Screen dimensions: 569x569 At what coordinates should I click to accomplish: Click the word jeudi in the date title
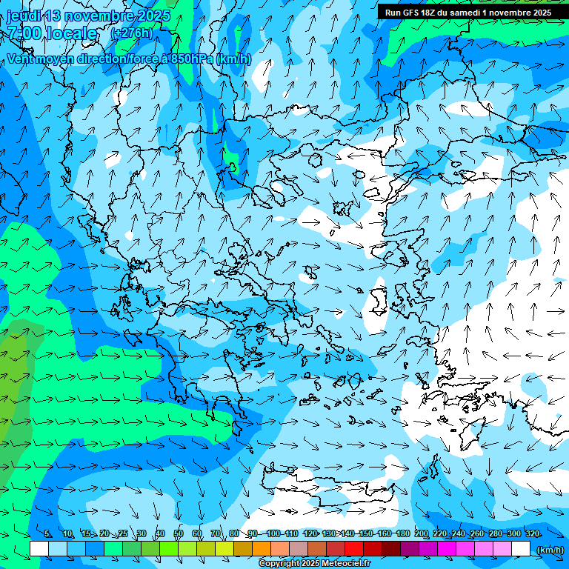coord(24,16)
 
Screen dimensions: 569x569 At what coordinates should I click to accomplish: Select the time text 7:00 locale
coord(52,33)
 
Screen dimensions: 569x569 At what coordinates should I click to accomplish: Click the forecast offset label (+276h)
coord(131,33)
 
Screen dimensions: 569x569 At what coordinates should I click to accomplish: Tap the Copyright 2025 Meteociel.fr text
coord(314,564)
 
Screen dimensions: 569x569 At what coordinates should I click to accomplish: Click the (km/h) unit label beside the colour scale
coord(549,549)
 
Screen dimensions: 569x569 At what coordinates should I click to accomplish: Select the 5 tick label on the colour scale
coord(47,534)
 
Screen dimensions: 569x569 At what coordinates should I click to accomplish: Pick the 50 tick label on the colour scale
coord(179,534)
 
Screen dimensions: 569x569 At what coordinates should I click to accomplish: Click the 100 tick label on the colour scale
coord(273,534)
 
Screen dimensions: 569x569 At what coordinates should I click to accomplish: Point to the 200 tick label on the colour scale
coord(422,534)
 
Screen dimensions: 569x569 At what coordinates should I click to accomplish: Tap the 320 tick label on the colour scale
coord(533,534)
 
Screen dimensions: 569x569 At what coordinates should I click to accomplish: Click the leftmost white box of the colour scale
coord(39,548)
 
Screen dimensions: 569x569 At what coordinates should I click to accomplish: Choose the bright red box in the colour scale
coord(354,548)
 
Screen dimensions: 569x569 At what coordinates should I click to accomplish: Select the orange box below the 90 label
coord(262,548)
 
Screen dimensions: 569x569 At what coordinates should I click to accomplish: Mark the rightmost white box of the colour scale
coord(521,548)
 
